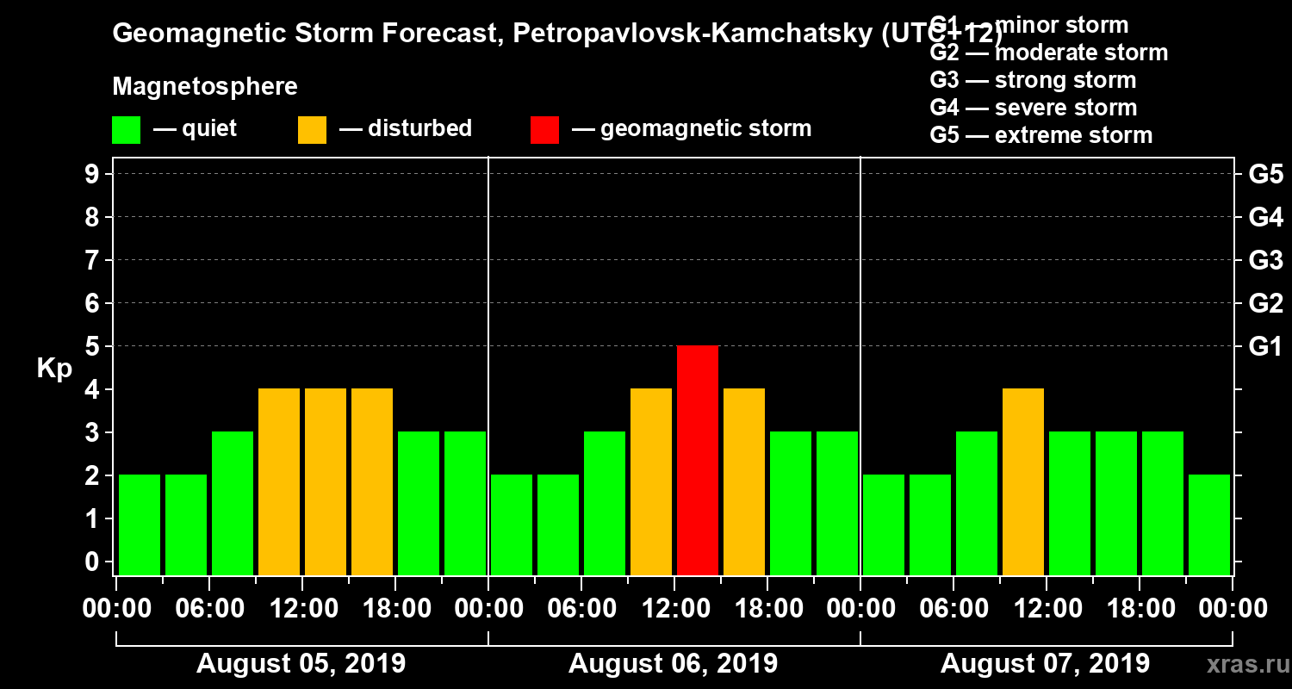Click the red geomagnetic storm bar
pos(698,460)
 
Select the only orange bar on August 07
pos(1023,481)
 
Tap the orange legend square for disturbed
pos(312,129)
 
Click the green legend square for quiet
pos(126,129)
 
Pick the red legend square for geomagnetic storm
pos(544,129)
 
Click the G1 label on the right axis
pos(1265,347)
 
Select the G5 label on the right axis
pos(1265,175)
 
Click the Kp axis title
pos(53,369)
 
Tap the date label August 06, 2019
pos(673,664)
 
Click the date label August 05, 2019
pos(301,664)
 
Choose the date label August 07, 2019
pos(1045,664)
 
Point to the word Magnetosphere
pos(205,87)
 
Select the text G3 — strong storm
pos(1033,80)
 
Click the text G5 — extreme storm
pos(1040,135)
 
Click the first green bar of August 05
pos(140,525)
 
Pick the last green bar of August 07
pos(1209,525)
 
